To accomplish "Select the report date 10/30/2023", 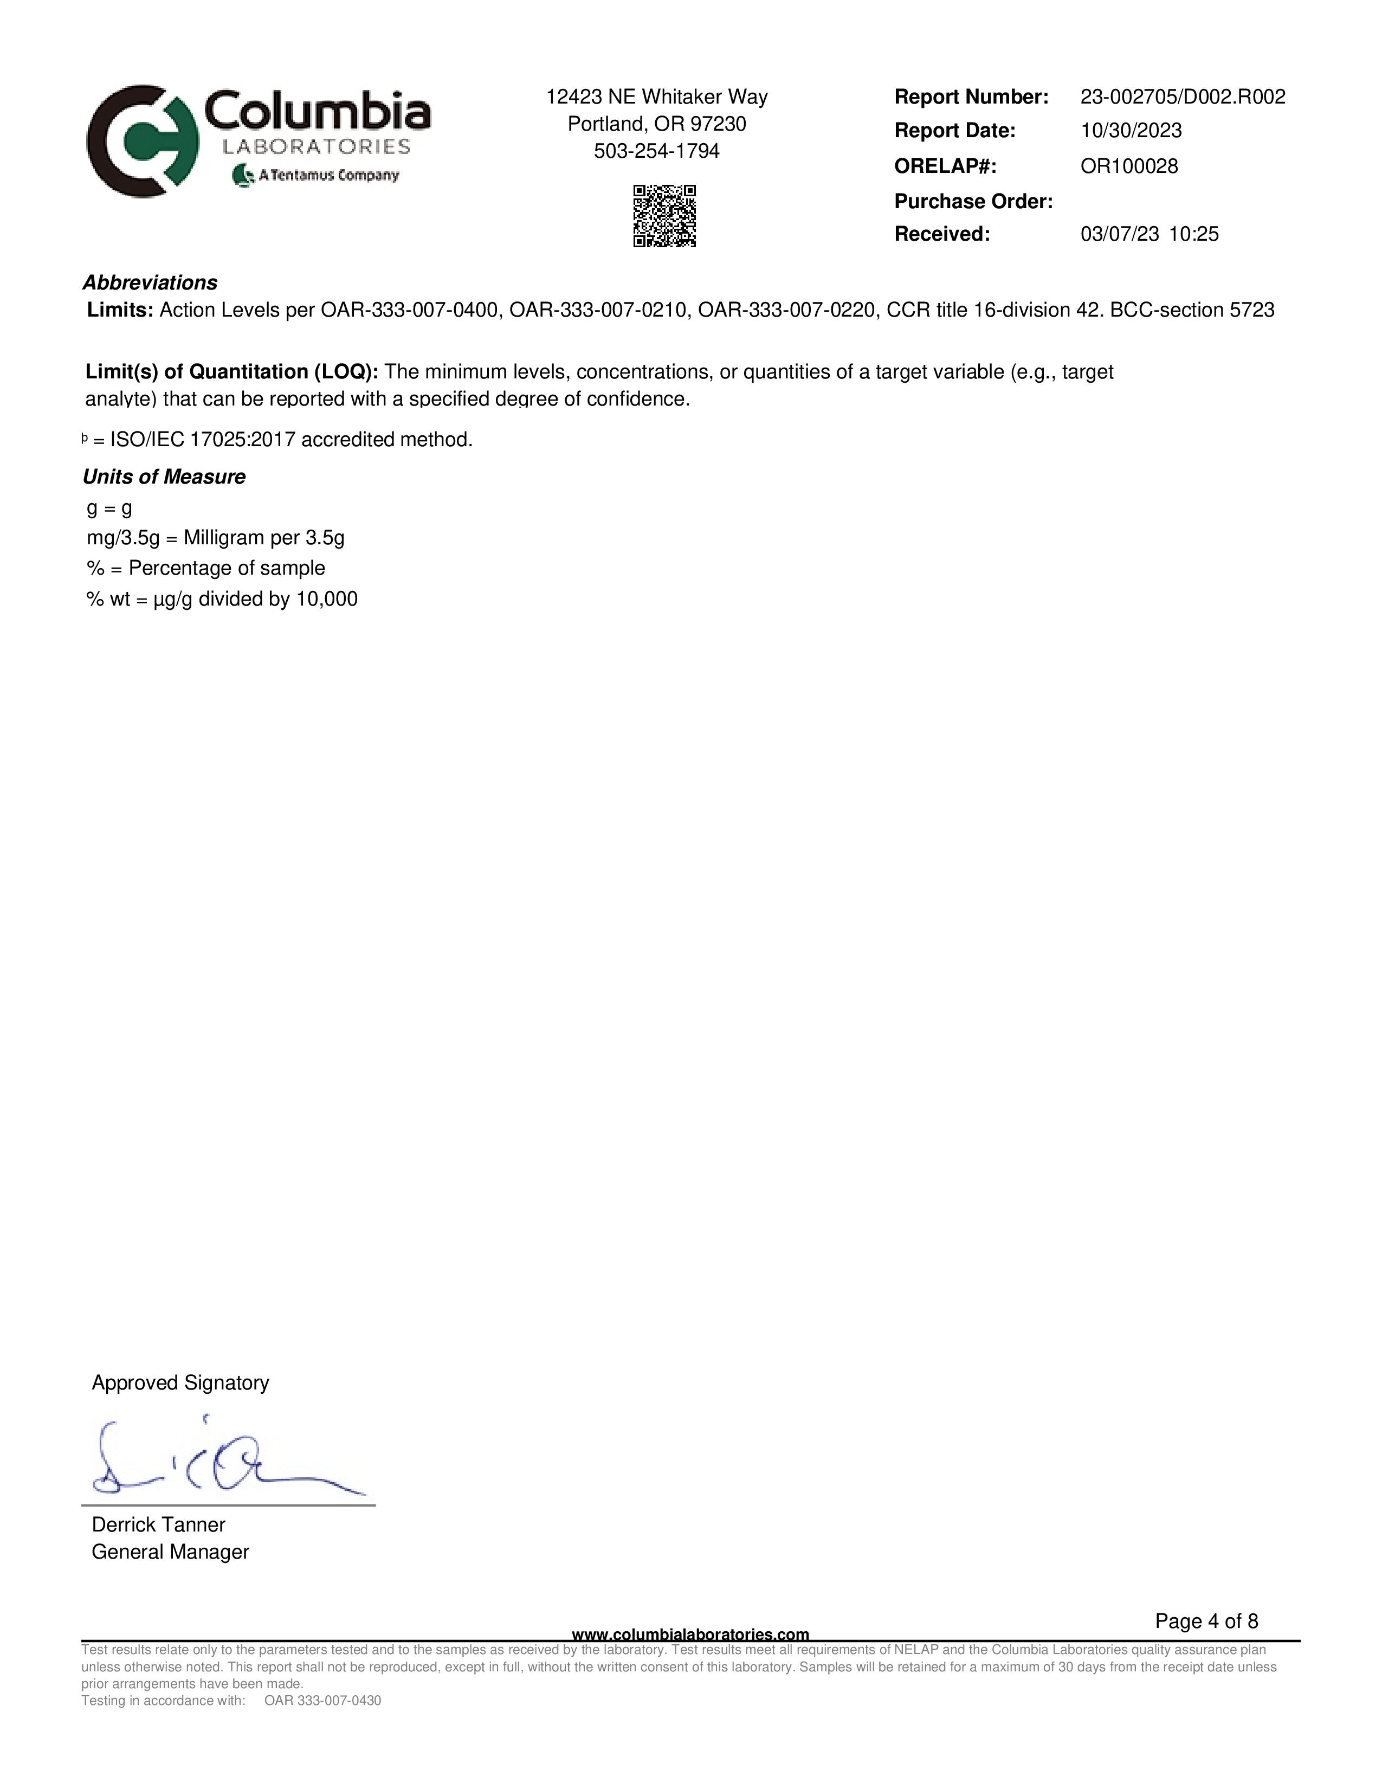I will click(x=1131, y=131).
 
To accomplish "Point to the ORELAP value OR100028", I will click(x=1129, y=166).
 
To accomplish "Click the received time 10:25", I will click(x=1194, y=234).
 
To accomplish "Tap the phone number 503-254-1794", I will click(x=657, y=152).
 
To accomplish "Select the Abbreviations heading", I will click(x=150, y=282).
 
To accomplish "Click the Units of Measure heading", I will click(x=164, y=477).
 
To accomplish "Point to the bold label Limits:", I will click(x=120, y=311).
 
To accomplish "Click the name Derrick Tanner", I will click(x=158, y=1524).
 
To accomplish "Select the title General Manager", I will click(x=170, y=1552).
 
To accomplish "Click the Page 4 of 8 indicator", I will click(x=1206, y=1621).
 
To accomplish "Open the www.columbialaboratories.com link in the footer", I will click(x=690, y=1635).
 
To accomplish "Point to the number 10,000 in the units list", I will click(x=327, y=599).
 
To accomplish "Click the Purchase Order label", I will click(x=973, y=202).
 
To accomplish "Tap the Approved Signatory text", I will click(x=180, y=1383).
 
